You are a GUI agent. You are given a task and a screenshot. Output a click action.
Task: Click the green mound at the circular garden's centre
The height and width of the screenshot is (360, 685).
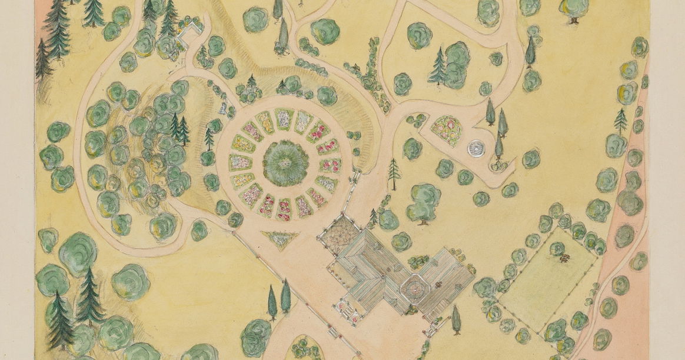pyautogui.click(x=286, y=162)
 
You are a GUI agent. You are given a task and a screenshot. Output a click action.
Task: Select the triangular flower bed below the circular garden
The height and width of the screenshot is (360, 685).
pyautogui.click(x=280, y=238)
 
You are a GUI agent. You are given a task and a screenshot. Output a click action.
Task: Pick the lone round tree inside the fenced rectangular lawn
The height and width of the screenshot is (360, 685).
pyautogui.click(x=556, y=248)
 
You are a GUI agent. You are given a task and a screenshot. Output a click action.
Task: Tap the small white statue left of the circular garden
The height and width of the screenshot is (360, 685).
pyautogui.click(x=223, y=108)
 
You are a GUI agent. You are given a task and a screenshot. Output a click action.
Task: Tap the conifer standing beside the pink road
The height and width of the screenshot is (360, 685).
pyautogui.click(x=621, y=120)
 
